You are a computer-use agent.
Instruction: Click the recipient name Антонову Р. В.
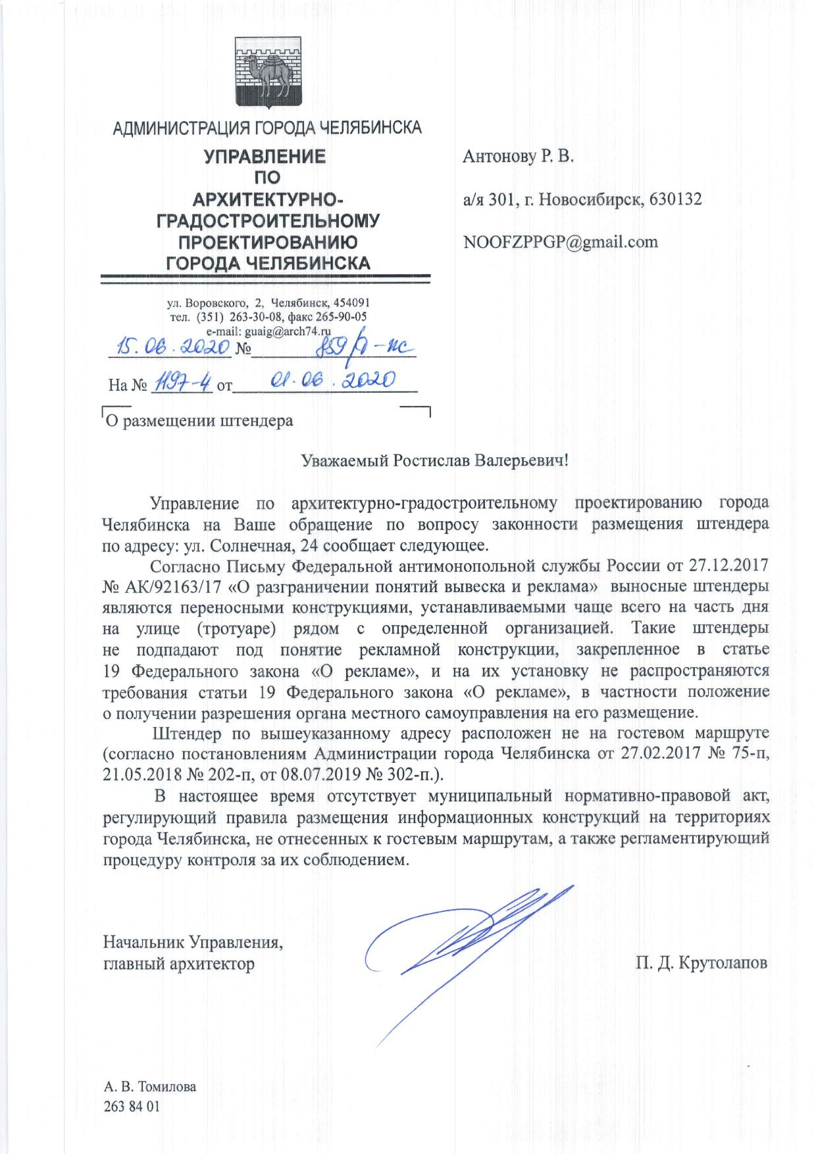[x=518, y=157]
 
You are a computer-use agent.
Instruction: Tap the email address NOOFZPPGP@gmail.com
[x=560, y=241]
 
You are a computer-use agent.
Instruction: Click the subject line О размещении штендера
[x=199, y=420]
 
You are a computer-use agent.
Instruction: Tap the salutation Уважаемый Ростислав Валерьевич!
[x=434, y=460]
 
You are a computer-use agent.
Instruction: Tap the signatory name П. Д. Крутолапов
[x=701, y=964]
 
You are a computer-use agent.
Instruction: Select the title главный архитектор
[x=179, y=965]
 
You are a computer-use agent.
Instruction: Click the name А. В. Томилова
[x=150, y=1086]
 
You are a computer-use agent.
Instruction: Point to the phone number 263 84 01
[x=132, y=1106]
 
